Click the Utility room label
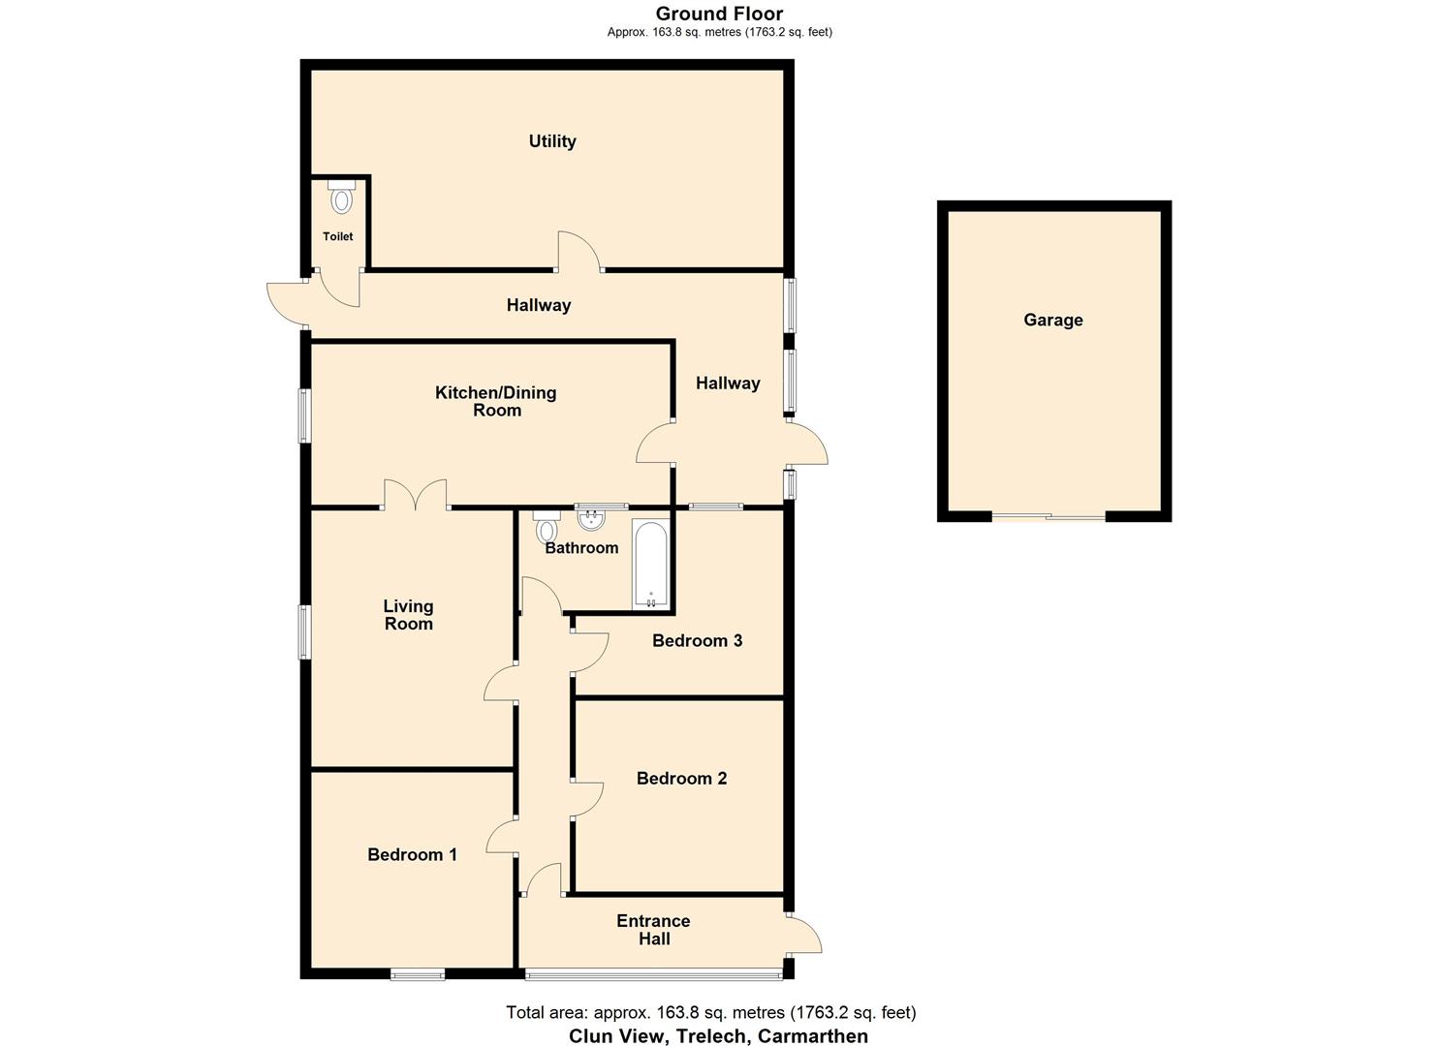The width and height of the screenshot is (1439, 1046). coord(552,141)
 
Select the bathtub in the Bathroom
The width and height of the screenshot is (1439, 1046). coord(650,565)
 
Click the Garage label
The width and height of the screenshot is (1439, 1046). coord(1053,321)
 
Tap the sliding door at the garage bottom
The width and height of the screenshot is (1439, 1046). coord(1048,517)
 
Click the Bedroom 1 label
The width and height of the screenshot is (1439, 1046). coord(412,854)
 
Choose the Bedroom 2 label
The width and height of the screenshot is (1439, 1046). coord(681,779)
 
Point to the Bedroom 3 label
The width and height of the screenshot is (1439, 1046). coord(697,641)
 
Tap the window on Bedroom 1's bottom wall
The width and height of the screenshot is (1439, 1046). coord(418,974)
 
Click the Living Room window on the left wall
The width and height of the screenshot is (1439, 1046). coord(304,632)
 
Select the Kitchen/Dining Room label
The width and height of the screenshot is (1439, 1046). coord(496,401)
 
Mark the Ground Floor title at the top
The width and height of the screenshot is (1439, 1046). coord(719,14)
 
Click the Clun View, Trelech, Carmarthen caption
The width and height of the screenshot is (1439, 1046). coord(718,1035)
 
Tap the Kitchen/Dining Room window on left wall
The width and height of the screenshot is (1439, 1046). coord(304,416)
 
